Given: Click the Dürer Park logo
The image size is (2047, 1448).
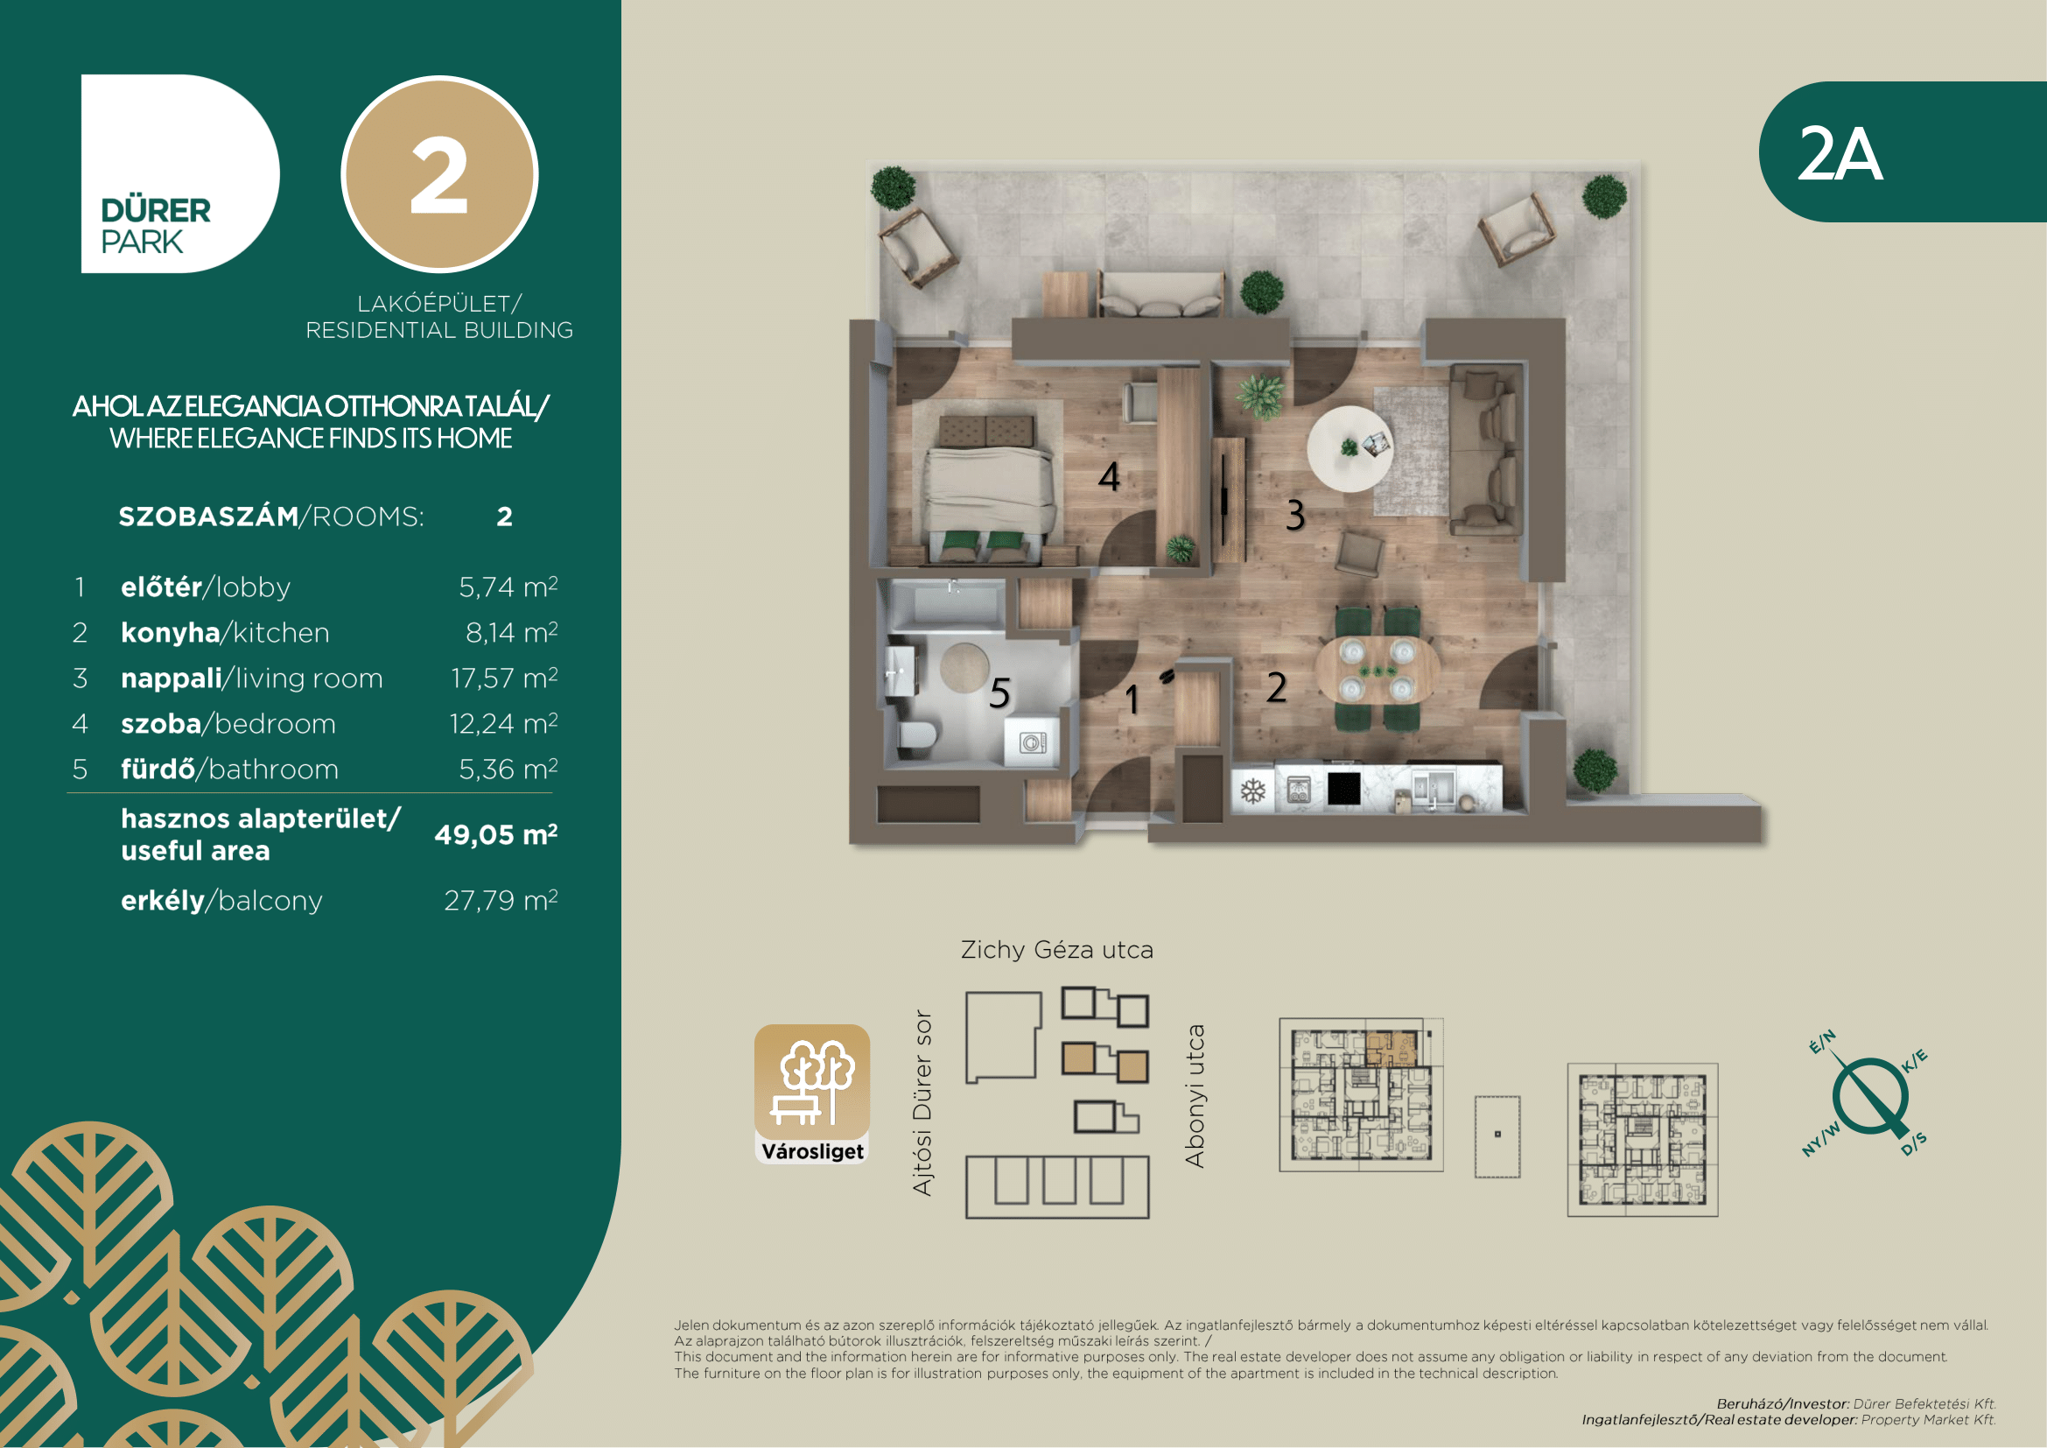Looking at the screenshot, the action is (179, 174).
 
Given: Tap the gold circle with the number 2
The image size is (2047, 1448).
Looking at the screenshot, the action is (439, 174).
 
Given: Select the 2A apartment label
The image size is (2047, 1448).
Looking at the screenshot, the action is (1840, 154).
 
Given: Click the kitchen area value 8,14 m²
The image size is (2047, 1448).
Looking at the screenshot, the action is (512, 632).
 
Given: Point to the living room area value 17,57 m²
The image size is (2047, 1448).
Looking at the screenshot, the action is (505, 678).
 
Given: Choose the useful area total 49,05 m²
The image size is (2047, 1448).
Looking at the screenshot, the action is (496, 834).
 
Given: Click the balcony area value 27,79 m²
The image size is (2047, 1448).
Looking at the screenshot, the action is (501, 901).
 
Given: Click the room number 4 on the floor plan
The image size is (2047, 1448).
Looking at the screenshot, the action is (1109, 477).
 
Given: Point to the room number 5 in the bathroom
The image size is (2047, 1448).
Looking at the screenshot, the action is (999, 692).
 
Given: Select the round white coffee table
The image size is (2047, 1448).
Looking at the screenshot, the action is (1350, 449).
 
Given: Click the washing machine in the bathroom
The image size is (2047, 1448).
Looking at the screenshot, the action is (1033, 742).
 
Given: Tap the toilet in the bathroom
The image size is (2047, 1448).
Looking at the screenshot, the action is (917, 736).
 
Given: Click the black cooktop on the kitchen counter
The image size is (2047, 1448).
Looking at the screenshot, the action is (1344, 788).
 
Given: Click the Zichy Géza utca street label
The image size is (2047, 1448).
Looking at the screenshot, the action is (1057, 951).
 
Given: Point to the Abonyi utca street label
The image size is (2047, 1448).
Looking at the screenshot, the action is (1195, 1096).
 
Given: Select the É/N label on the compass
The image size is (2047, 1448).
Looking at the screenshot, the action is (1822, 1042).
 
